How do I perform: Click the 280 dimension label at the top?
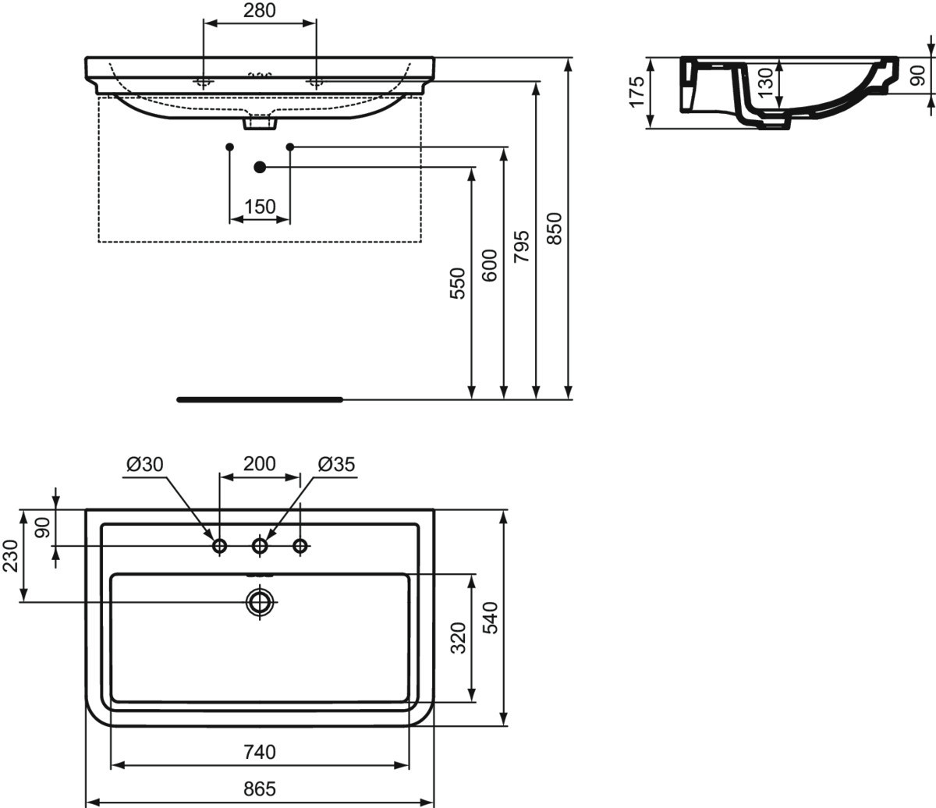tap(259, 10)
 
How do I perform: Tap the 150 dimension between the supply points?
tap(260, 207)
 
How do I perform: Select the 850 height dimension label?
tap(555, 229)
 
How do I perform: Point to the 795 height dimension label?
tap(522, 246)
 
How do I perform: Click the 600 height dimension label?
tap(490, 266)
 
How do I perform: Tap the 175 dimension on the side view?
tap(636, 92)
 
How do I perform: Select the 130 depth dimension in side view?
tap(765, 83)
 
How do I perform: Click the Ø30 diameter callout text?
tap(145, 464)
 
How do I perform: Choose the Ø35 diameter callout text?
tap(336, 464)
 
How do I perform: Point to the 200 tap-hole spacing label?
tap(260, 464)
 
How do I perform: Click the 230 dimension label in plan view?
tap(10, 556)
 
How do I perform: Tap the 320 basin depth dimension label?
tap(459, 638)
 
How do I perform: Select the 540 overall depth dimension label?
tap(491, 618)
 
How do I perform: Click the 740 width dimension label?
tap(260, 753)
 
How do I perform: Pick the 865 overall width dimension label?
tap(260, 789)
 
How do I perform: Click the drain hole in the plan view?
tap(260, 602)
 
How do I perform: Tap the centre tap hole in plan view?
tap(260, 546)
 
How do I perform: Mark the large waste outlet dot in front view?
tap(260, 167)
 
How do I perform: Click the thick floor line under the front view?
tap(260, 399)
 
